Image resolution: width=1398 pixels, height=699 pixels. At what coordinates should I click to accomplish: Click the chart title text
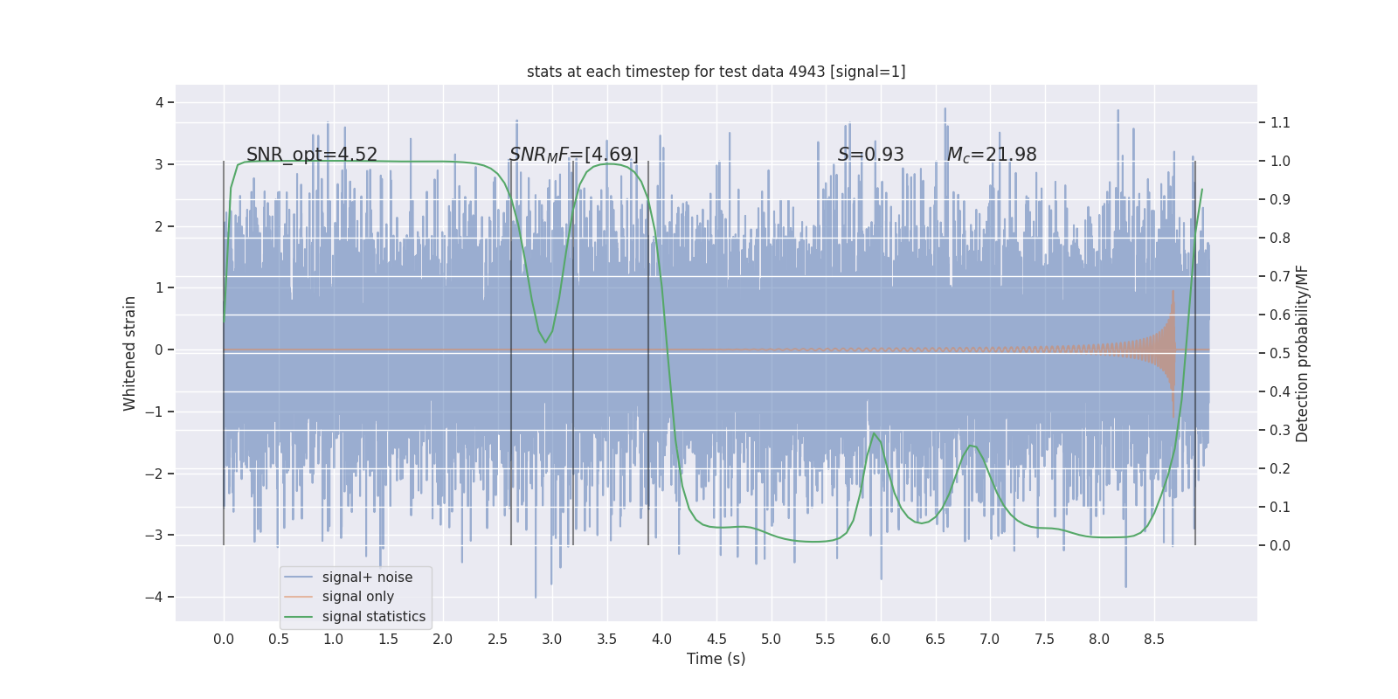coord(716,72)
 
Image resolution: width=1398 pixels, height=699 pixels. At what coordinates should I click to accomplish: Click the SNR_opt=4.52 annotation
coord(312,155)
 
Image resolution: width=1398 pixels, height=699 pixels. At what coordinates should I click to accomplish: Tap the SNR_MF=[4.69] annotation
coord(574,155)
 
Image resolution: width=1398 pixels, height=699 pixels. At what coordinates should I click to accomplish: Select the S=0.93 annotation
coord(870,155)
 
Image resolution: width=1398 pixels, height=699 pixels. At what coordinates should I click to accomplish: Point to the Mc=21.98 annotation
coord(992,155)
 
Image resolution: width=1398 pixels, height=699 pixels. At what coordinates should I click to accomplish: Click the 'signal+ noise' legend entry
coord(367,578)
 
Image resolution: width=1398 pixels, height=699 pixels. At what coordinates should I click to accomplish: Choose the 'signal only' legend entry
coord(357,597)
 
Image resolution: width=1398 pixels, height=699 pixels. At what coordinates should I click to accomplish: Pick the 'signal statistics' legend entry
coord(373,617)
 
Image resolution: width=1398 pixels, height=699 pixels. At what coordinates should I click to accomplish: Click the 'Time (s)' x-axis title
coord(716,659)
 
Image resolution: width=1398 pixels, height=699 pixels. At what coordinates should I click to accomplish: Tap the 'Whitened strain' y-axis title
coord(130,353)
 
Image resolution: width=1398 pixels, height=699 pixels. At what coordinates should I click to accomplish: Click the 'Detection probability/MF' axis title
coord(1303,353)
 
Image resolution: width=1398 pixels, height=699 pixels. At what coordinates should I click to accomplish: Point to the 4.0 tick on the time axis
coord(661,639)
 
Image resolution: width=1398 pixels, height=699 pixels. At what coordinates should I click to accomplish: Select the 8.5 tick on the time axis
coord(1153,639)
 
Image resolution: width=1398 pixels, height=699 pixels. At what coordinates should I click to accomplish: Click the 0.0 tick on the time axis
coord(224,639)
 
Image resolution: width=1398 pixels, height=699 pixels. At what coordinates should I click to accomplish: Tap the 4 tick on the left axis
coord(159,102)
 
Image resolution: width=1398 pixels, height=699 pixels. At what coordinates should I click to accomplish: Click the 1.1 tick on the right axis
coord(1280,122)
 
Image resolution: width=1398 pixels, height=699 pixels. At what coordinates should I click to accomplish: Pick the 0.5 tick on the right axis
coord(1280,353)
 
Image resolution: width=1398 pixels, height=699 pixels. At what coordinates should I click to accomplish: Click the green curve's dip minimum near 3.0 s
coord(546,343)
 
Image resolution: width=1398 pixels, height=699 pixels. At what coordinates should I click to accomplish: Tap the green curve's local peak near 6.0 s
coord(874,433)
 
